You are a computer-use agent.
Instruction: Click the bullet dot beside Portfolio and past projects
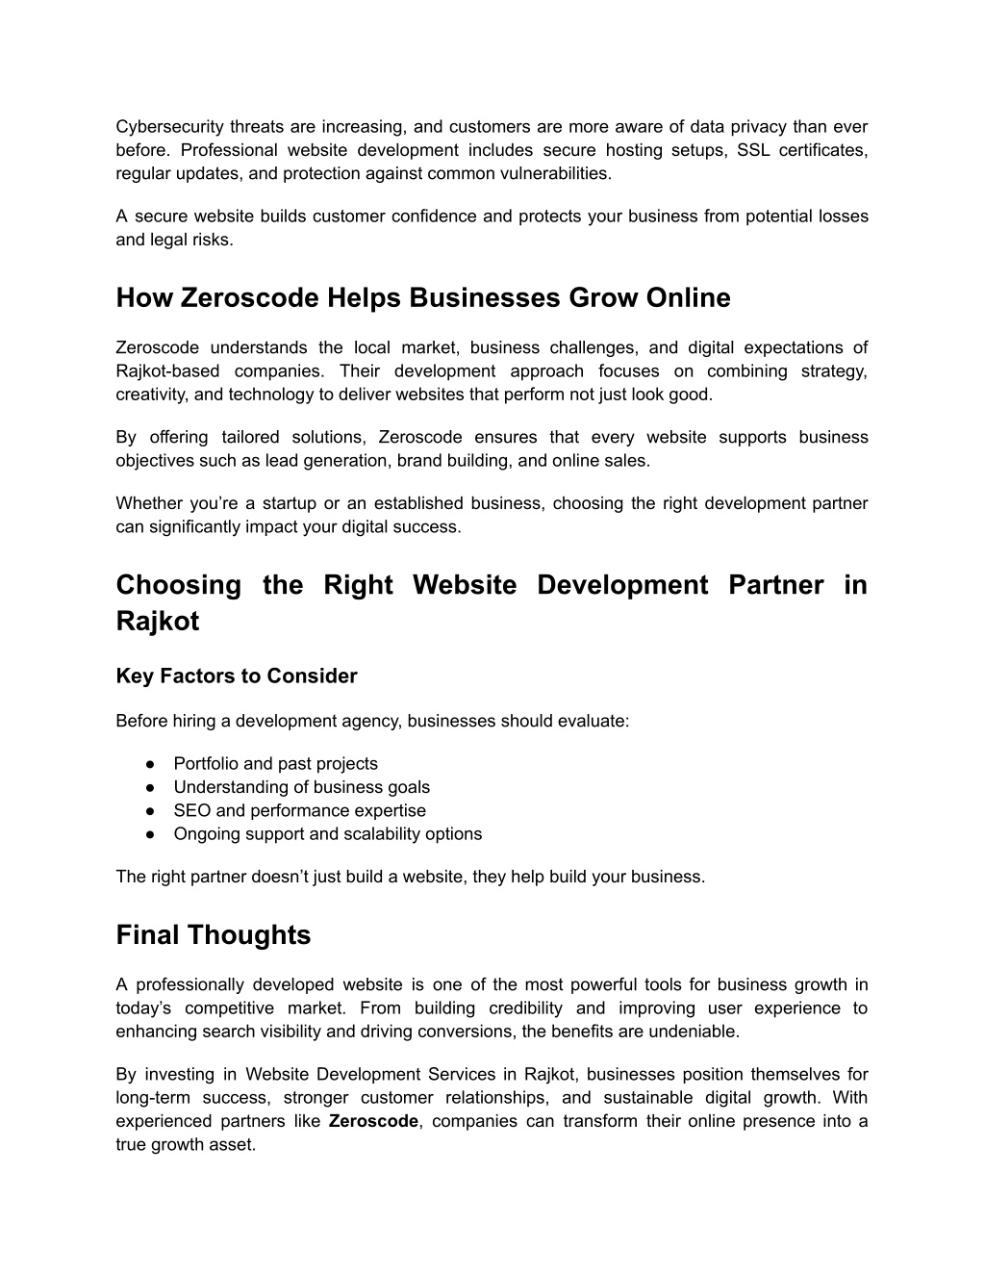pyautogui.click(x=151, y=764)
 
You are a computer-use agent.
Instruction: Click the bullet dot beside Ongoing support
pyautogui.click(x=151, y=834)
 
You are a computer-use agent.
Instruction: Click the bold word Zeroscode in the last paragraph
pyautogui.click(x=373, y=1121)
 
